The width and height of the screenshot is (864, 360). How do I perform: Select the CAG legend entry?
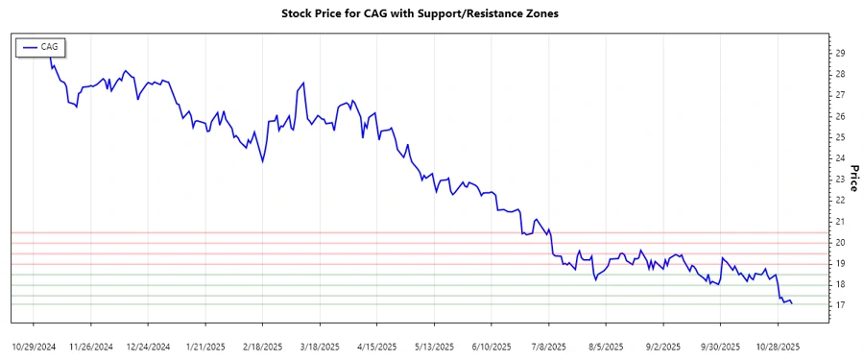click(x=39, y=46)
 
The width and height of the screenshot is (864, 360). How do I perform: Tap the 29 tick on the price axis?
click(x=840, y=53)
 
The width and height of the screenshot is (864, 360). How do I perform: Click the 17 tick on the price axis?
click(x=840, y=305)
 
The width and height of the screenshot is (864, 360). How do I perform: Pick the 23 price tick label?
click(x=840, y=180)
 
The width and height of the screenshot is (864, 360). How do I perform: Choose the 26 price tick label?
click(x=840, y=116)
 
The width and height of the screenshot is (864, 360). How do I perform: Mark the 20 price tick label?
click(x=840, y=242)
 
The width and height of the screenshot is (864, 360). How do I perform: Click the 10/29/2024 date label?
click(x=35, y=347)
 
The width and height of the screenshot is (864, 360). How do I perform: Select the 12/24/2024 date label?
click(x=148, y=347)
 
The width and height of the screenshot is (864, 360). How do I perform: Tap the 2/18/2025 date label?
click(x=261, y=347)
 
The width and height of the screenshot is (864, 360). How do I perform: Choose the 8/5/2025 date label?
click(x=605, y=347)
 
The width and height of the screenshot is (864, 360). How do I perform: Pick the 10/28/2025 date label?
click(x=775, y=347)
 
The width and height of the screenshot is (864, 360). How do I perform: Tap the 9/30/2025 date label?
click(x=718, y=347)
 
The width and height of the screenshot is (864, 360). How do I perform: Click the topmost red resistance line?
click(x=432, y=232)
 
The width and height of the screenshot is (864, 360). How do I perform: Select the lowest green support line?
click(x=432, y=305)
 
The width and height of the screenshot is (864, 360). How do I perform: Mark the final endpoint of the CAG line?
click(x=792, y=303)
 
